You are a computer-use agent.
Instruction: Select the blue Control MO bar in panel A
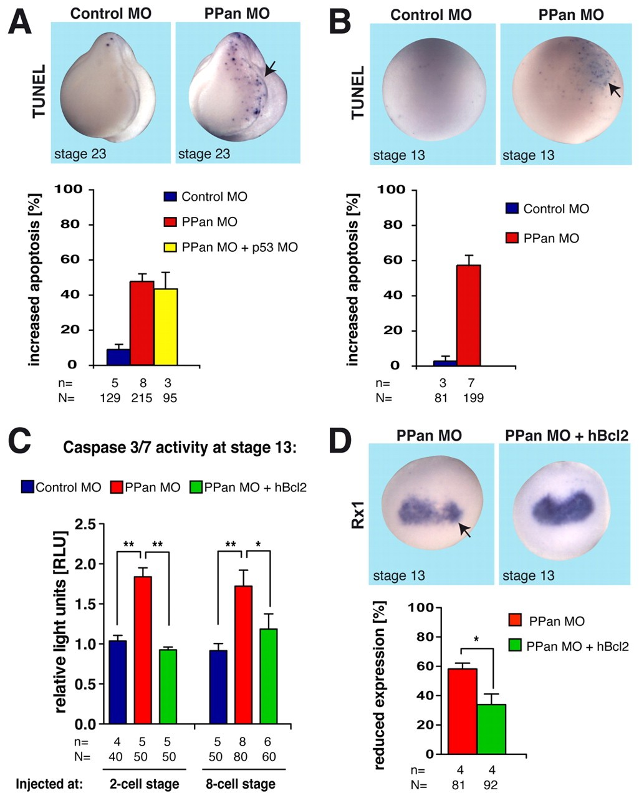coord(118,357)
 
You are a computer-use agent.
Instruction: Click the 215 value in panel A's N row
coord(142,398)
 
